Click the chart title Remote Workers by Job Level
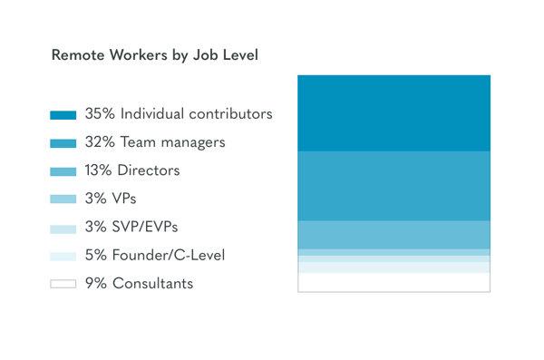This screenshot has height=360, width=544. pos(155,55)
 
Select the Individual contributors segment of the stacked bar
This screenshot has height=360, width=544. pos(393,113)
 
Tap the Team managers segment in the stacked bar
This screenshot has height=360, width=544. pos(393,186)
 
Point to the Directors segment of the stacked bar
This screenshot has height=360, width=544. pos(393,235)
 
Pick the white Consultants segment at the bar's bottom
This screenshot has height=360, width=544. pos(393,282)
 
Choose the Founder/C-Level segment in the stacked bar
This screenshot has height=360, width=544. pos(393,268)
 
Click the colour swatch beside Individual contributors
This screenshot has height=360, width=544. pos(63,115)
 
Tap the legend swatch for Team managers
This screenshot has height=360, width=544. pos(63,143)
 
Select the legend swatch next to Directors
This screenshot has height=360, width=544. pos(63,171)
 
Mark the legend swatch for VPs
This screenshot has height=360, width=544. pos(63,199)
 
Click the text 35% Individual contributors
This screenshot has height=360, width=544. pos(179,114)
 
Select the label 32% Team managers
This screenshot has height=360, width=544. pos(155,142)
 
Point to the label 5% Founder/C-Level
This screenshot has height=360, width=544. pos(155,256)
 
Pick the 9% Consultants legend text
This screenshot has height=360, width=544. pos(139,284)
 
